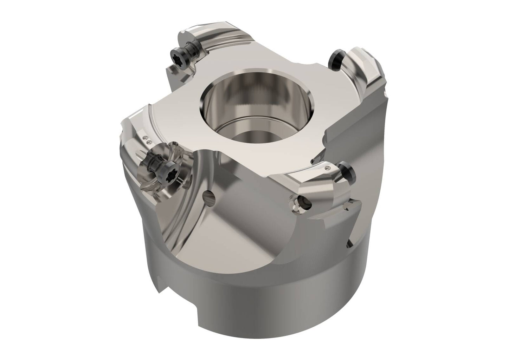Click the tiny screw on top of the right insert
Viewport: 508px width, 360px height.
328,168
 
